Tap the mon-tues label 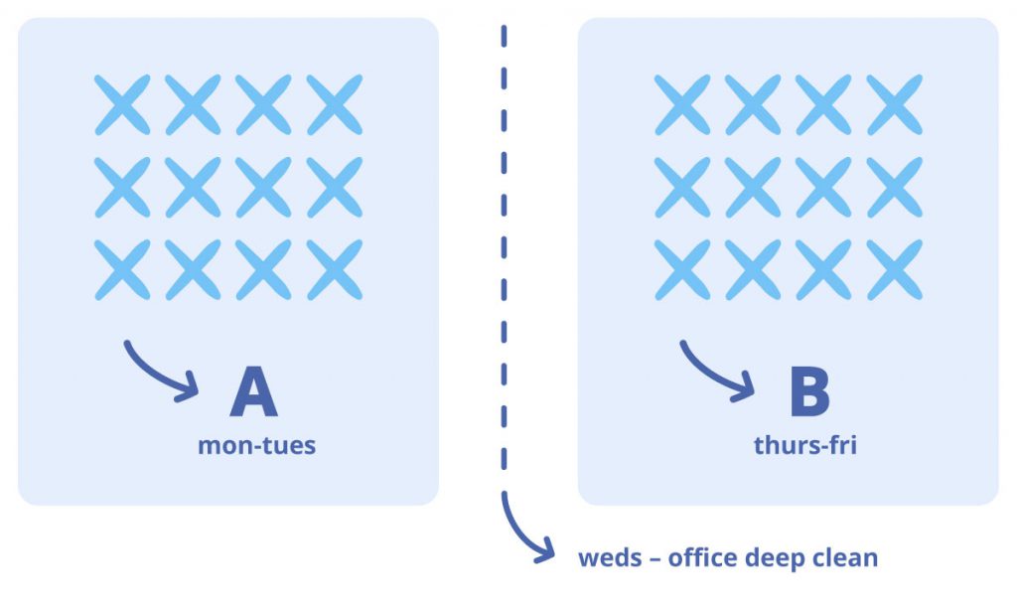(256, 445)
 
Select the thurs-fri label (804, 445)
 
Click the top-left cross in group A (122, 104)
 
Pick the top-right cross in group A (335, 104)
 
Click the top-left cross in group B (682, 104)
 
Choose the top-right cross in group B (894, 104)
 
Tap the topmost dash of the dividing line (505, 36)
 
